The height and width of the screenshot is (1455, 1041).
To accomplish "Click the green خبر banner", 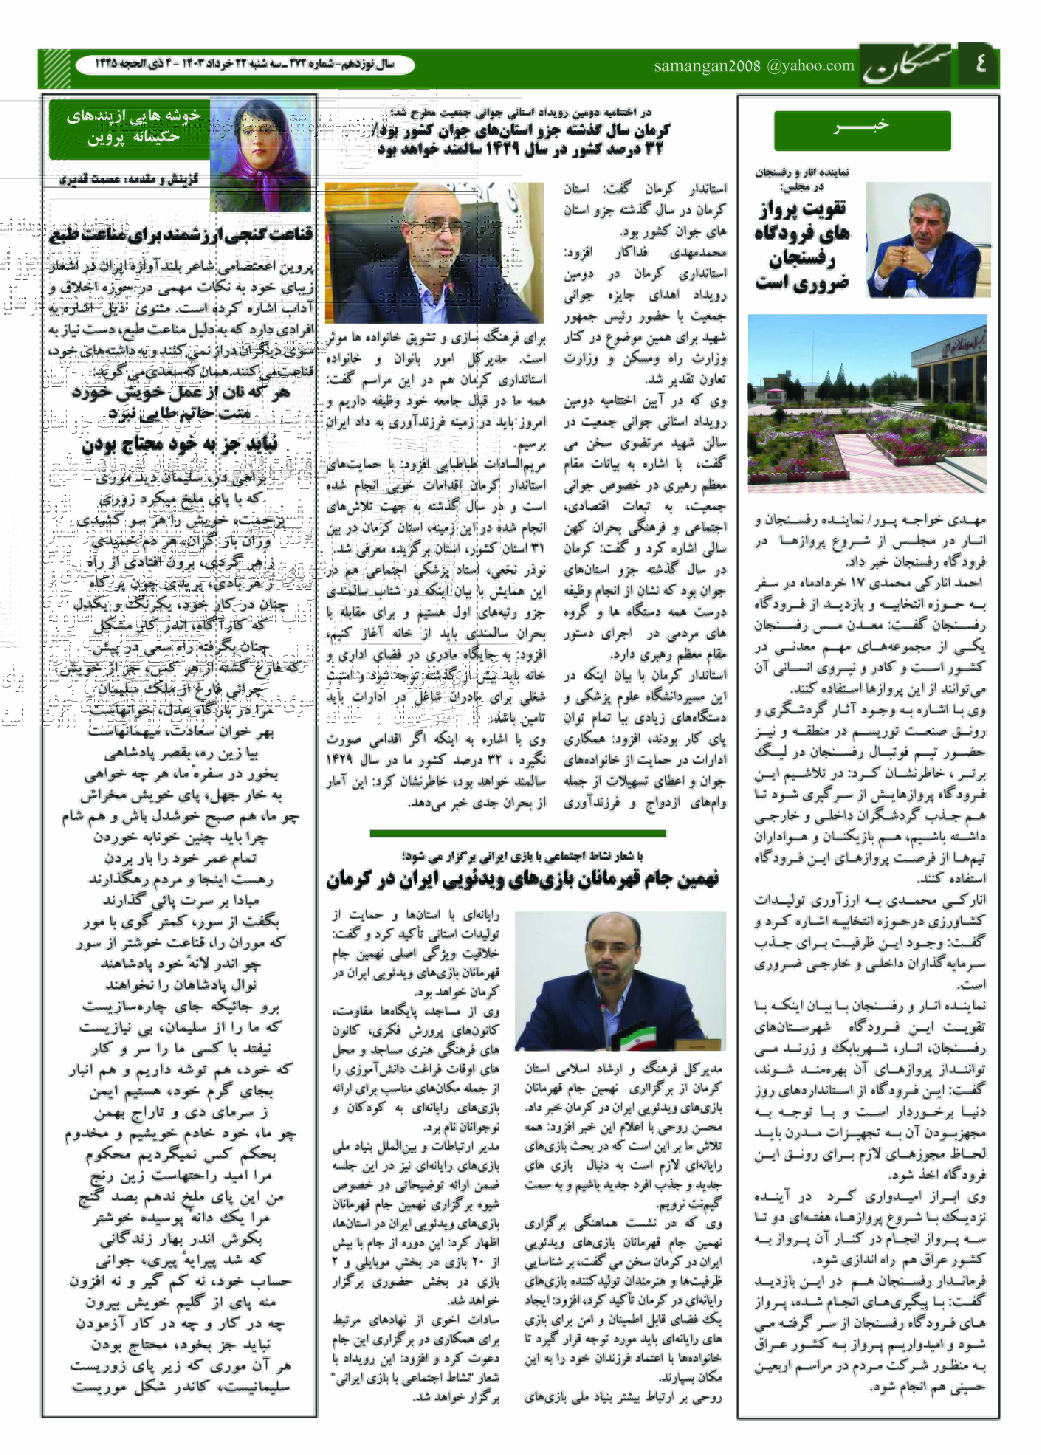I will (x=862, y=129).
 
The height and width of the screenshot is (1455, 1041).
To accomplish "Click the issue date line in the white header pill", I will (x=245, y=65).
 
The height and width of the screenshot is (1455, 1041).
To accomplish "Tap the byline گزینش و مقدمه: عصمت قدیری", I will (x=129, y=180).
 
